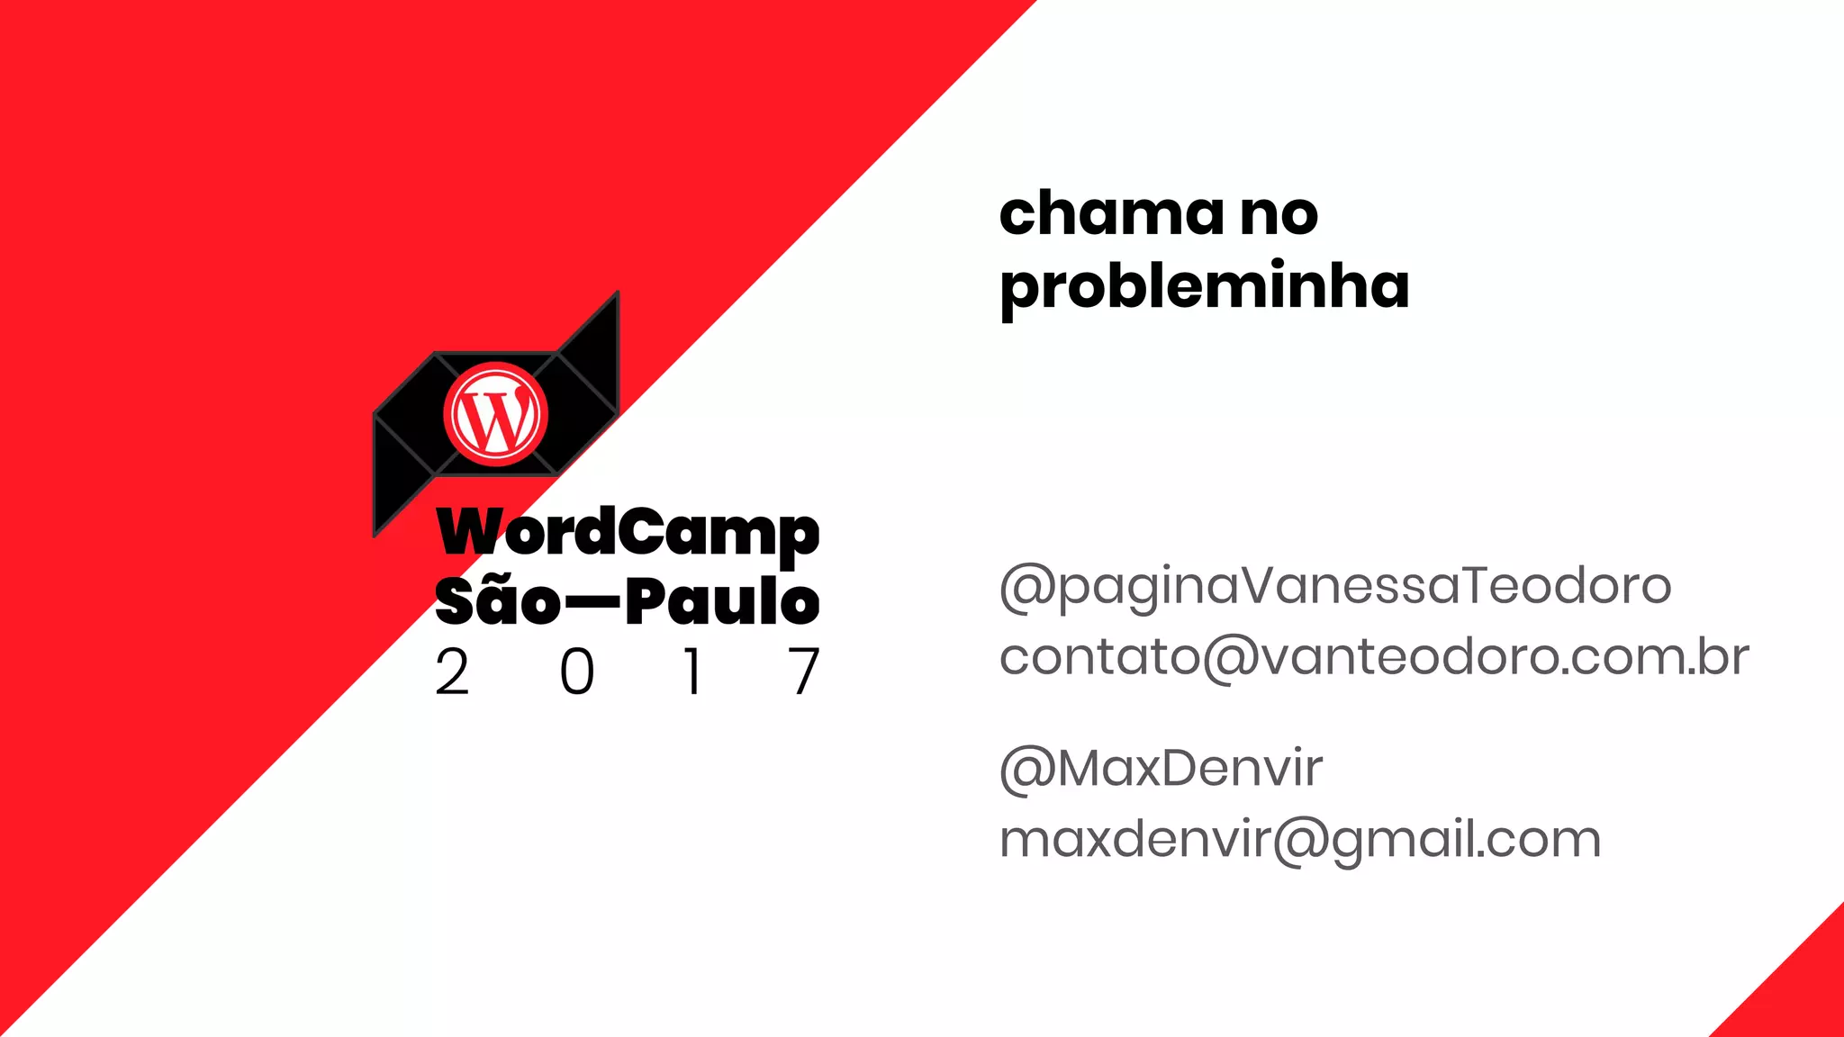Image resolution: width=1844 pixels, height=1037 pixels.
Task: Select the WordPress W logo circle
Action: click(x=495, y=414)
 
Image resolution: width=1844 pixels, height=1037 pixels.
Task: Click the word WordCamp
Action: click(x=628, y=533)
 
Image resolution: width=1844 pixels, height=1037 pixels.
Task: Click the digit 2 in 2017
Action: click(x=452, y=672)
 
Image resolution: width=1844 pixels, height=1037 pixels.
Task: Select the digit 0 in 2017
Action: click(x=577, y=672)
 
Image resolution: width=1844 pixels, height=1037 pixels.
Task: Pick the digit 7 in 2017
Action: click(x=804, y=672)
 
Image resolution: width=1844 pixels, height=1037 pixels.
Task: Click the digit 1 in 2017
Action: click(x=692, y=672)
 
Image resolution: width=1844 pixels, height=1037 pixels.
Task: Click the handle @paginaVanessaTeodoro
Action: click(x=1335, y=586)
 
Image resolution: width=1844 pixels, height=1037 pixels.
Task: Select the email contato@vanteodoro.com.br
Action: click(x=1374, y=657)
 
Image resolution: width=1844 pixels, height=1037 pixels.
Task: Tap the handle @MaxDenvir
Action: click(x=1161, y=769)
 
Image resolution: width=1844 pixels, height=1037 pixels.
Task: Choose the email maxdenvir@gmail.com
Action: click(x=1300, y=840)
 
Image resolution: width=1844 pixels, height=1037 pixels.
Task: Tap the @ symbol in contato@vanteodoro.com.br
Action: click(x=1230, y=658)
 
